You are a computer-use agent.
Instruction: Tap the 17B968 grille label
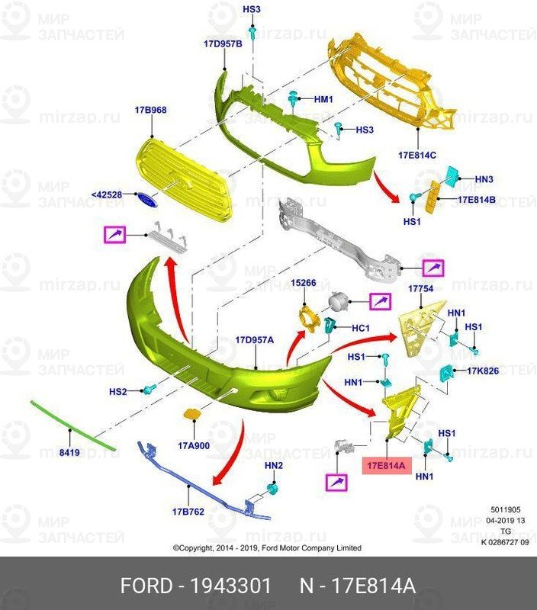pos(151,111)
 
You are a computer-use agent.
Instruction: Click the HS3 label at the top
pos(252,9)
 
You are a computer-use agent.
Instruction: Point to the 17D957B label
pos(223,44)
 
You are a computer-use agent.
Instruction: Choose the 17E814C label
pos(416,155)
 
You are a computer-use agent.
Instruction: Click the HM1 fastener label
pos(324,100)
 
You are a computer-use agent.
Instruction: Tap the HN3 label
pos(484,179)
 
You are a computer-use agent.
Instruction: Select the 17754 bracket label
pos(420,289)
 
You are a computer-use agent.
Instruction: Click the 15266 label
pos(304,283)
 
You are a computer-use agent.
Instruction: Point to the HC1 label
pos(360,328)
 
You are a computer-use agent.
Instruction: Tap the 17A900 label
pos(194,445)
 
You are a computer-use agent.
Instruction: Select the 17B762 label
pos(188,512)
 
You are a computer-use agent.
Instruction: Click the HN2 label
pos(273,464)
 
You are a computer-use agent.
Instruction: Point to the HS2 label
pos(117,392)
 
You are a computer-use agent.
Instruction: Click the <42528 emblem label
pos(107,195)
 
